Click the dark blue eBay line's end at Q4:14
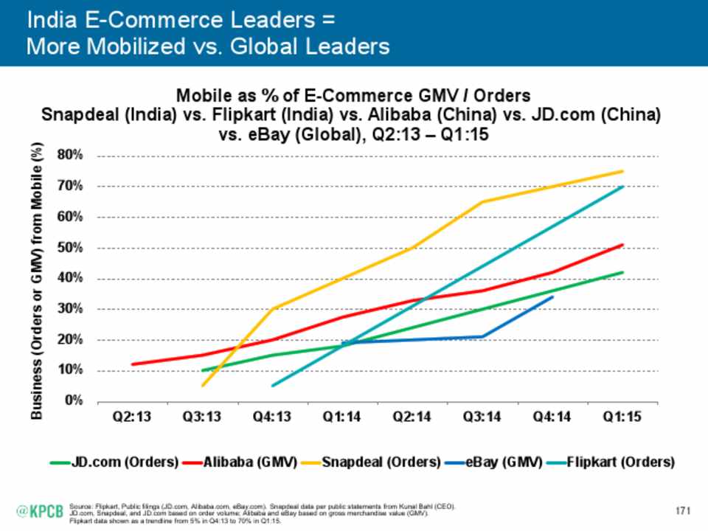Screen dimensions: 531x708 coord(553,297)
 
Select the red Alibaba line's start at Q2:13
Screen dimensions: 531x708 coord(132,364)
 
